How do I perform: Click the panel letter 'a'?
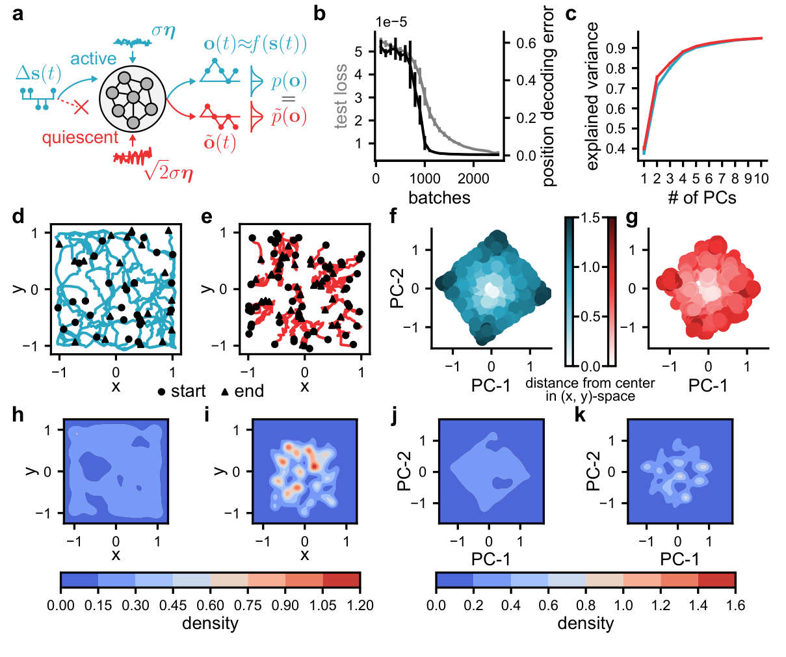point(18,13)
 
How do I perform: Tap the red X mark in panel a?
point(81,108)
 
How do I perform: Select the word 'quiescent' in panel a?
point(80,137)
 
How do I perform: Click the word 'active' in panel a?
point(93,59)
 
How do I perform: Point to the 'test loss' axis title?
point(341,96)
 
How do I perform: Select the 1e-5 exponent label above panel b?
point(391,22)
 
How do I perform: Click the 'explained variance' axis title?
point(592,96)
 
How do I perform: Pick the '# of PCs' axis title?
point(702,198)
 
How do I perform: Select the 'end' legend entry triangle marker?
point(224,392)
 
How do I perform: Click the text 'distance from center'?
point(590,383)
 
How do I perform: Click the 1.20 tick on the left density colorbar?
point(359,605)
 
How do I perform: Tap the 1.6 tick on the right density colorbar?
point(735,605)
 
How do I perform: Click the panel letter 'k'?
point(581,414)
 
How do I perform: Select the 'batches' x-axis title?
point(439,198)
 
